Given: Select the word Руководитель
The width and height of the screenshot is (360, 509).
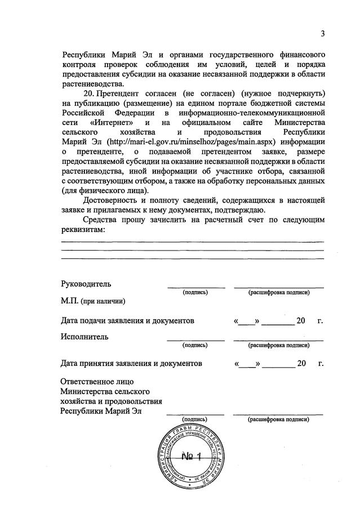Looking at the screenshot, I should pos(86,283).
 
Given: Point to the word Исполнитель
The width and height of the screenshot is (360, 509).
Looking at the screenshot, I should pos(85,337).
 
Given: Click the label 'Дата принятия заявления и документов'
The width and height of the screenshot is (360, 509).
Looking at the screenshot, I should pos(131,364).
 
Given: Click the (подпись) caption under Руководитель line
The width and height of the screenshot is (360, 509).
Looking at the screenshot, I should pos(195,293).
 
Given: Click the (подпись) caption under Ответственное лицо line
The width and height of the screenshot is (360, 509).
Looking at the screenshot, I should pos(195,419).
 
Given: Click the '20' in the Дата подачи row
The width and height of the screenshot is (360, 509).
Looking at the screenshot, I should pos(301,320).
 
